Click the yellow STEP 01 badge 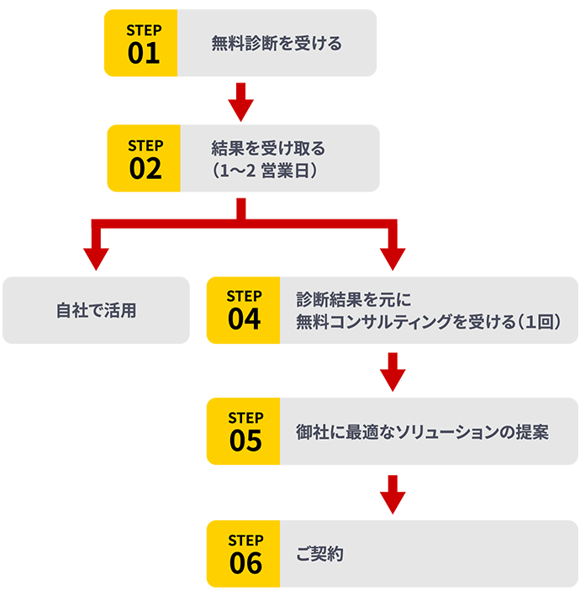click(140, 44)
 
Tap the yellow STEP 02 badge click(144, 158)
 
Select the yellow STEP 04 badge click(243, 310)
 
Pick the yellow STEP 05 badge click(243, 431)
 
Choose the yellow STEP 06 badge click(243, 553)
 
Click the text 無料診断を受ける click(277, 44)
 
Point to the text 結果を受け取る click(268, 149)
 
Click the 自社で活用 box click(96, 310)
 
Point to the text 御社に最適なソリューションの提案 click(422, 432)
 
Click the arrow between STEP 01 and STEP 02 click(241, 101)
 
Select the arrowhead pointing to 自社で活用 click(96, 257)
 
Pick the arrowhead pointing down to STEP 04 click(393, 257)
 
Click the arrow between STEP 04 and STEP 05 click(393, 372)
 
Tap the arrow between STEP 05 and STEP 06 click(393, 494)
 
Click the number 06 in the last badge click(245, 563)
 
